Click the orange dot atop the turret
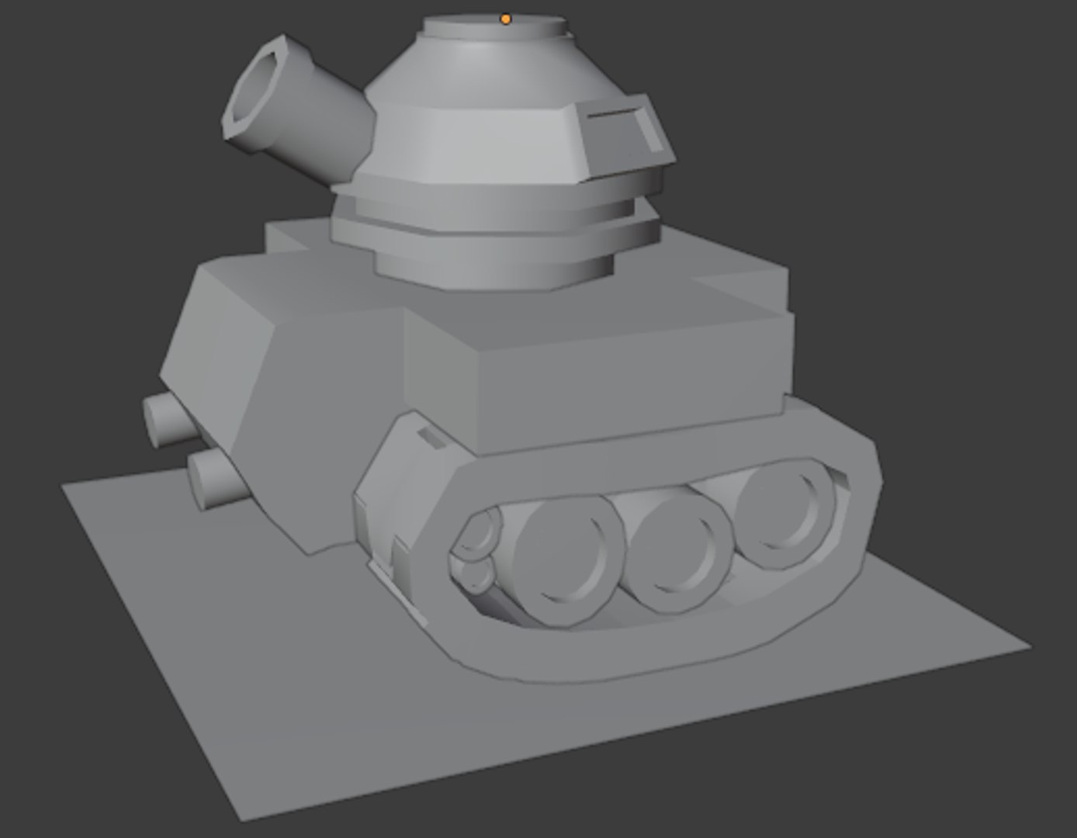(x=506, y=19)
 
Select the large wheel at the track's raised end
(x=788, y=512)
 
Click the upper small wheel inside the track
(x=478, y=534)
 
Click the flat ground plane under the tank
(x=310, y=698)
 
